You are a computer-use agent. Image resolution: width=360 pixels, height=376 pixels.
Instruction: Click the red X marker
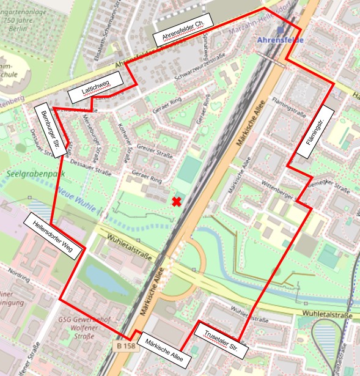(x=177, y=202)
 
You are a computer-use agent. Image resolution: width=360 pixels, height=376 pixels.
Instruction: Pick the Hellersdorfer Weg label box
(x=53, y=237)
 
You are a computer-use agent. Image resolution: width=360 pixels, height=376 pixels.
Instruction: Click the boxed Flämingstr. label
(x=317, y=129)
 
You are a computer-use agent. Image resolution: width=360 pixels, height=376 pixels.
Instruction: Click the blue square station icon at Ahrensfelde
(x=279, y=29)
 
